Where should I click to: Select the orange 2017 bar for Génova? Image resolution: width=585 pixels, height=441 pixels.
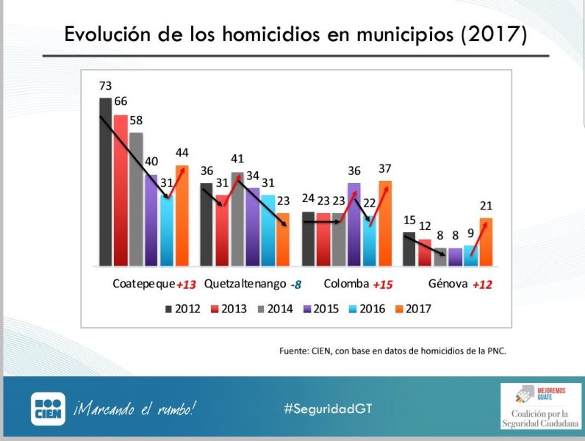[x=486, y=242]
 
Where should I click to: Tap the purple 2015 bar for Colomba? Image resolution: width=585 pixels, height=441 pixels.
[x=354, y=224]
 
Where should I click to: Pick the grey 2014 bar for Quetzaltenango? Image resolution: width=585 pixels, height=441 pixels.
[x=237, y=218]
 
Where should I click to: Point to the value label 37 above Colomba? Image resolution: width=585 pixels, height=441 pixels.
[x=385, y=169]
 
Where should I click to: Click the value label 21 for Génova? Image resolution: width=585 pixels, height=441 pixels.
[x=486, y=207]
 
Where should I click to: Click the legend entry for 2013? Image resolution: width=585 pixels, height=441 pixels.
[x=231, y=309]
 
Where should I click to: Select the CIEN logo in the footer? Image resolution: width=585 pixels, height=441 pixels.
[x=48, y=409]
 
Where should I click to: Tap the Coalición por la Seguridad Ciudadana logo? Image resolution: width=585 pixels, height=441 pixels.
[x=539, y=405]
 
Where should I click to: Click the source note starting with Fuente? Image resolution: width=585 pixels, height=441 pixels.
[x=392, y=351]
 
